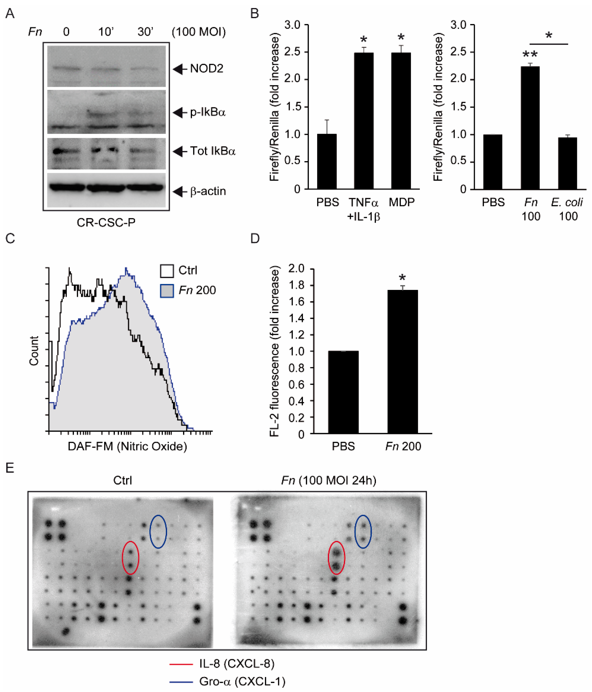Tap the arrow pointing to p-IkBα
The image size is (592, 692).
[180, 113]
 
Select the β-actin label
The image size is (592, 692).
[208, 191]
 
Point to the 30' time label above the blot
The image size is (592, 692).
[145, 32]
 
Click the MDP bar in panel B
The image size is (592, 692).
[401, 120]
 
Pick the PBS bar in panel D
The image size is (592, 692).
[343, 392]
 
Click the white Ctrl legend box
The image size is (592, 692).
[167, 271]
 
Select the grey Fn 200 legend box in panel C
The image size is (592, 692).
[167, 291]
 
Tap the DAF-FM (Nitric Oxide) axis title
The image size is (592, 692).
[127, 446]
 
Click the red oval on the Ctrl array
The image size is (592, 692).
[130, 558]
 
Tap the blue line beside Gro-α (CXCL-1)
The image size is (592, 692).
[181, 682]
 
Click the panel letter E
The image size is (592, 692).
[10, 468]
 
